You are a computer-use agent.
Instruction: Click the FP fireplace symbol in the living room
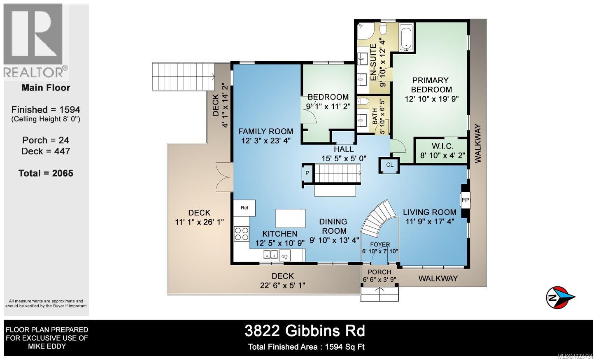(465, 200)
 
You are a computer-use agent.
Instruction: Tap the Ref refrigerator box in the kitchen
(244, 208)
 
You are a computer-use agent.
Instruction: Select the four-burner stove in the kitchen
(242, 234)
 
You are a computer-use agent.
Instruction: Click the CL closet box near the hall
(389, 165)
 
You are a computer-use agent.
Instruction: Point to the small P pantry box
(307, 173)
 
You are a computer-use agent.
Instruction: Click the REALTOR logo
(35, 41)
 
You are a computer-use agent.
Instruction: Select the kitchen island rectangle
(291, 218)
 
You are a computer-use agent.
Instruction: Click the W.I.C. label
(442, 146)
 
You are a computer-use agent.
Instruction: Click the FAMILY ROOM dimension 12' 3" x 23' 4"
(266, 141)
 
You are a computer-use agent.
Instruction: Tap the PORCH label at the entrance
(379, 272)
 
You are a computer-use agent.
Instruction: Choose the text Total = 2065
(46, 173)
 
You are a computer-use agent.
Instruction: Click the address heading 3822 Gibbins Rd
(305, 330)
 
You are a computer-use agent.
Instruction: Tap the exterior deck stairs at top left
(184, 77)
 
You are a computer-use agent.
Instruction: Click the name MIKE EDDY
(46, 346)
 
